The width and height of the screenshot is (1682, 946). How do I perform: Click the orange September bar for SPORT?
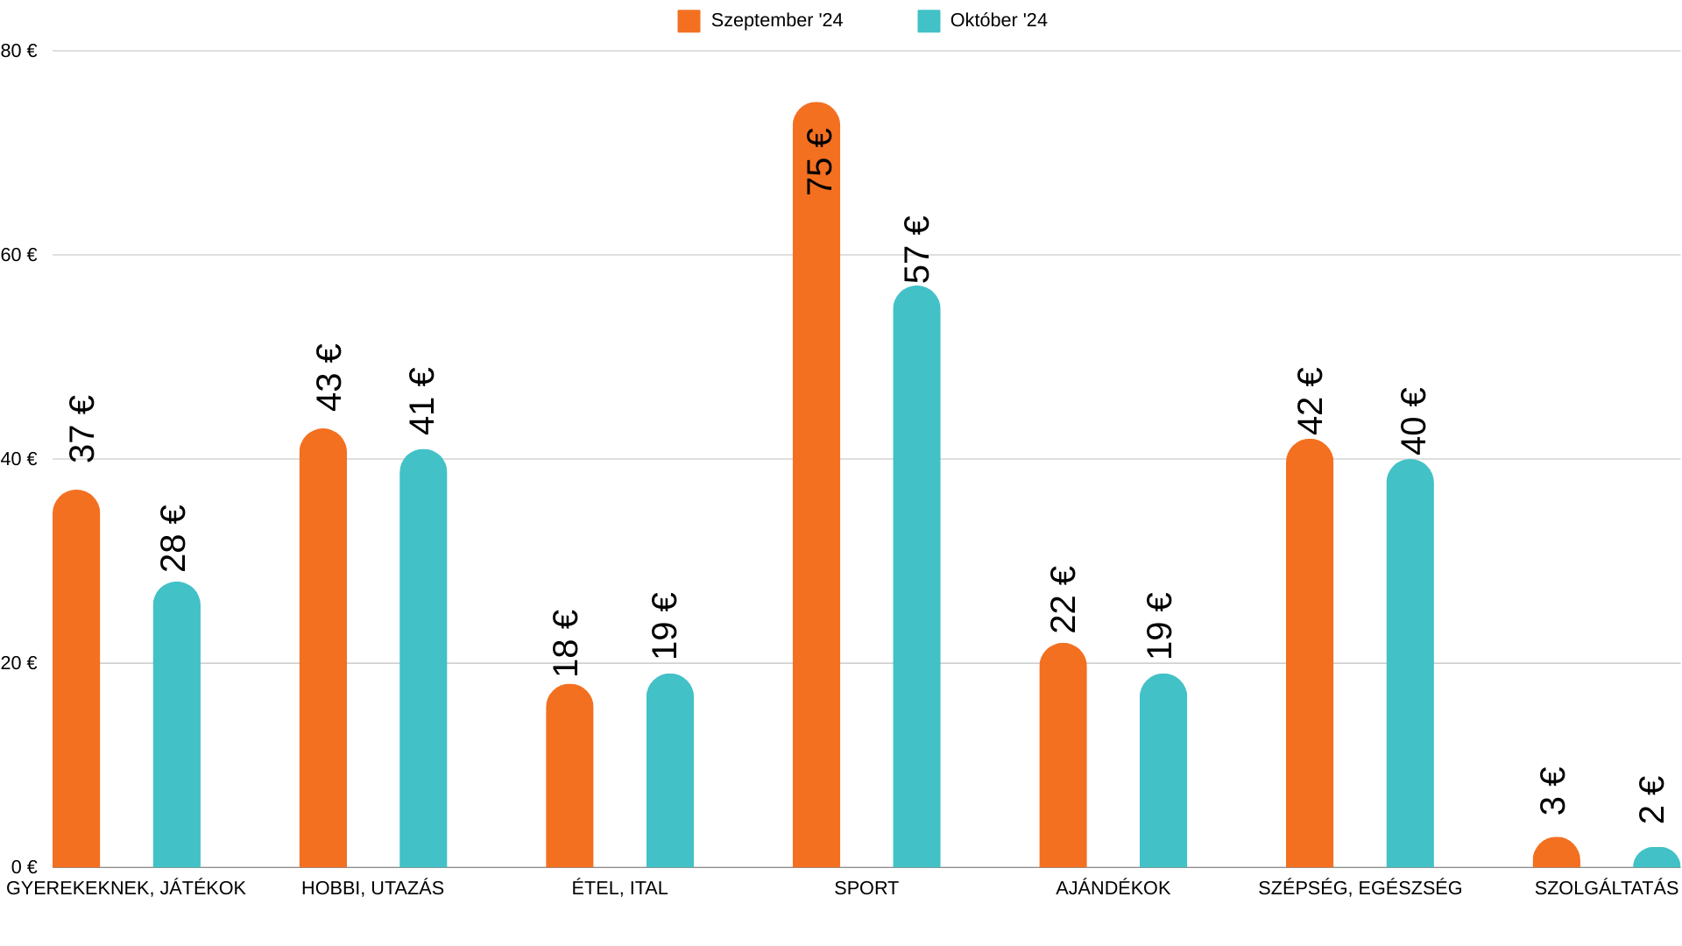coord(816,526)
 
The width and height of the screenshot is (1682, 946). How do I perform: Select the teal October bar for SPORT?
coord(916,578)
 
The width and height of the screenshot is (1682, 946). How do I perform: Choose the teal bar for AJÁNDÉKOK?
coord(1163,771)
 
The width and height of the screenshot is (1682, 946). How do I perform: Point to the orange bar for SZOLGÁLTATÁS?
coord(1556,853)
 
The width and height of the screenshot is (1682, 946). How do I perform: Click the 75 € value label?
coord(819,161)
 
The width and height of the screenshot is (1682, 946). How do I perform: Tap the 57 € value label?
coord(917,249)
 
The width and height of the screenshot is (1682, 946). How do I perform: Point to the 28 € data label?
coord(173,538)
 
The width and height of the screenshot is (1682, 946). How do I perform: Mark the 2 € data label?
coord(1652,799)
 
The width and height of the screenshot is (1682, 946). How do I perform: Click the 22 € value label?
coord(1063,599)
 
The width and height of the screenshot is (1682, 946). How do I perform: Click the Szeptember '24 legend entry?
coord(760,20)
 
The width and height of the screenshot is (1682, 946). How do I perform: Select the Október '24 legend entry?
coord(982,20)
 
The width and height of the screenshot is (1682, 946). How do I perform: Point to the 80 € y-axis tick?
coord(18,51)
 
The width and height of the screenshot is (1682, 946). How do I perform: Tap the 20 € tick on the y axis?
coord(18,663)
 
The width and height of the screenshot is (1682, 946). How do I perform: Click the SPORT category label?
coord(866,888)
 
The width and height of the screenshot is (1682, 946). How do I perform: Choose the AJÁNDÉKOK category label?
coord(1113,888)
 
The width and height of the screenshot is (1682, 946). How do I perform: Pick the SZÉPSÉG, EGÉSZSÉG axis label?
coord(1360,888)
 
